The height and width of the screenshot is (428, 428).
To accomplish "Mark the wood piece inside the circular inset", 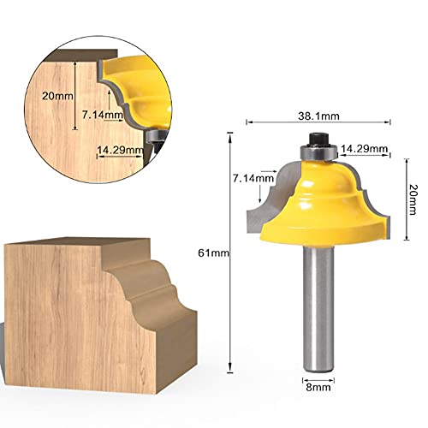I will [60, 128].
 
